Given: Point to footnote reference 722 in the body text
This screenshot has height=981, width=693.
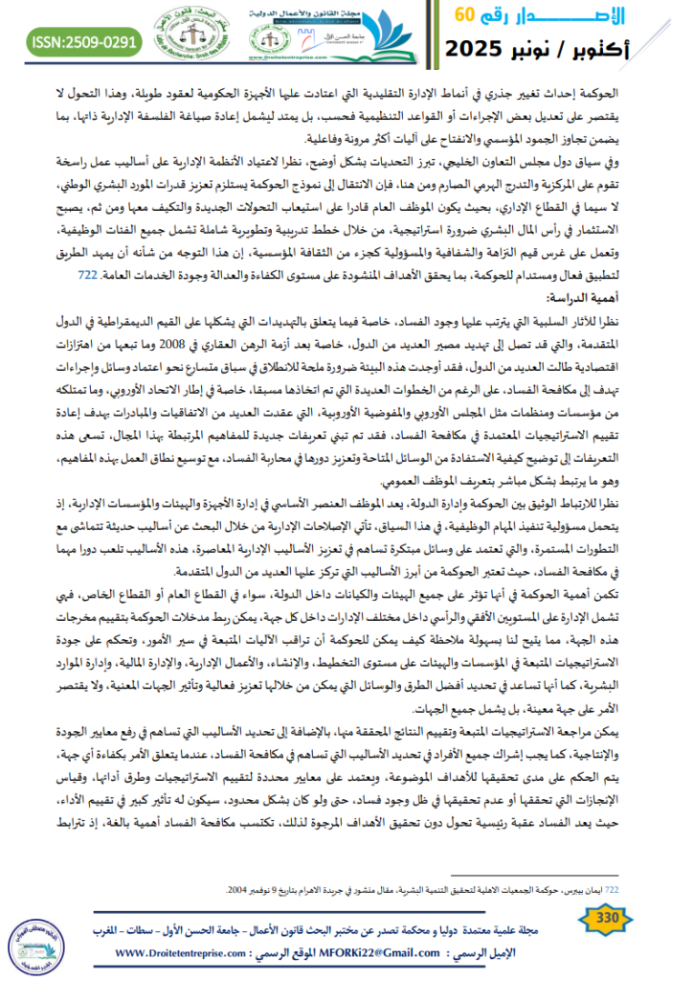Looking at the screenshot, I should point(86,276).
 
